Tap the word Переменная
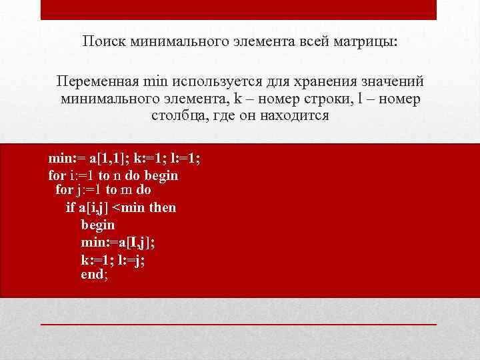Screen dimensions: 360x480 coord(98,82)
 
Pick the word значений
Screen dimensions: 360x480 coord(394,82)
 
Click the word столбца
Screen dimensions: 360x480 coord(175,115)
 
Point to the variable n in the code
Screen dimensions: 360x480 coord(117,176)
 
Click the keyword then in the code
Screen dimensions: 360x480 coord(163,207)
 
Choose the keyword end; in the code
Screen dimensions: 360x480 coord(94,273)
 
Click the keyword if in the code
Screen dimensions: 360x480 coord(71,207)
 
